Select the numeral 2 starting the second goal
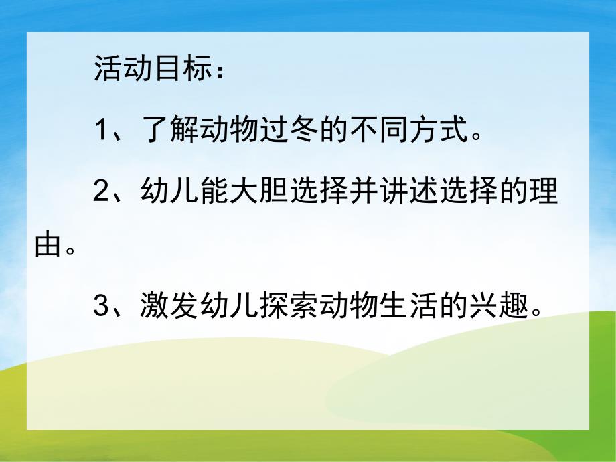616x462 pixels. [102, 191]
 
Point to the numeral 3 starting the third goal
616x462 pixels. [102, 306]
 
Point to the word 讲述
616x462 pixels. [416, 191]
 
